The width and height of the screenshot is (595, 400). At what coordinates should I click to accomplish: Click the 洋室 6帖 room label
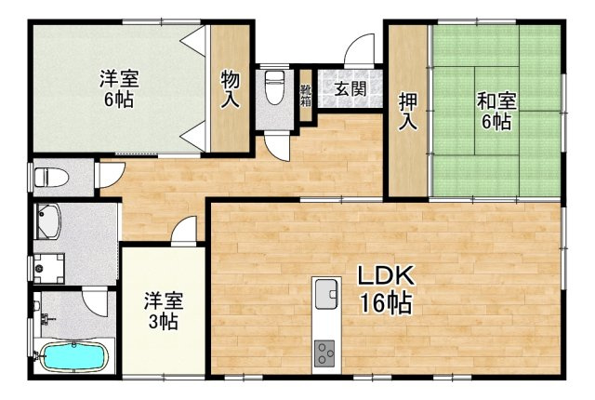[x=118, y=89]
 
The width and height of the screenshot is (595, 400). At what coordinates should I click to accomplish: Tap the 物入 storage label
[x=231, y=90]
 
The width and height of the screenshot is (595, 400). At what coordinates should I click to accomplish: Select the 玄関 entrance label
[x=350, y=89]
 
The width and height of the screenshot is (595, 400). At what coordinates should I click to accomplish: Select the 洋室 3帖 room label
[x=163, y=311]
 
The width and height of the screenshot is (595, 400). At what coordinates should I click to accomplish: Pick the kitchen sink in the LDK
[x=326, y=295]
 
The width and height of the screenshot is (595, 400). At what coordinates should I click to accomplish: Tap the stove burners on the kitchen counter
[x=326, y=353]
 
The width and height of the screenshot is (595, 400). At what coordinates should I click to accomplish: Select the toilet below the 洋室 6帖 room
[x=46, y=177]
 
